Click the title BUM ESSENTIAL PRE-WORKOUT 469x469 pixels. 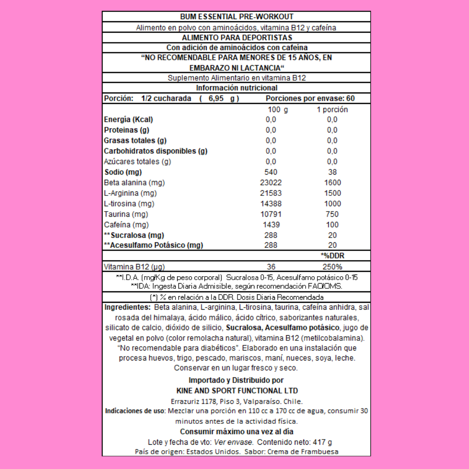pos(236,17)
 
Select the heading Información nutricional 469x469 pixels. pos(236,88)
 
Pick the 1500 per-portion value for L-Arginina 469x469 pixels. pos(332,193)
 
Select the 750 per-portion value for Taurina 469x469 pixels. pos(332,214)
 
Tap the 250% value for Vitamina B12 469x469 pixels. pos(332,267)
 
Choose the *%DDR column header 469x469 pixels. pos(332,256)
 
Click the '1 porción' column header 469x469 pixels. pos(332,110)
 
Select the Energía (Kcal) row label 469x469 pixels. pos(129,119)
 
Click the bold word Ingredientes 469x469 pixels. pos(126,307)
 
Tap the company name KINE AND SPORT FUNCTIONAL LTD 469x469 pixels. pos(236,391)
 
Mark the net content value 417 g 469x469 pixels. pos(322,442)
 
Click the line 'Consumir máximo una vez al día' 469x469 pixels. pos(236,432)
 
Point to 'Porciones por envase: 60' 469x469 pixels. pos(310,99)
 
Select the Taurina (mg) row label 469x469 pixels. pos(126,214)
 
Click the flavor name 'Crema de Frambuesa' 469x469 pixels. pos(303,452)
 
